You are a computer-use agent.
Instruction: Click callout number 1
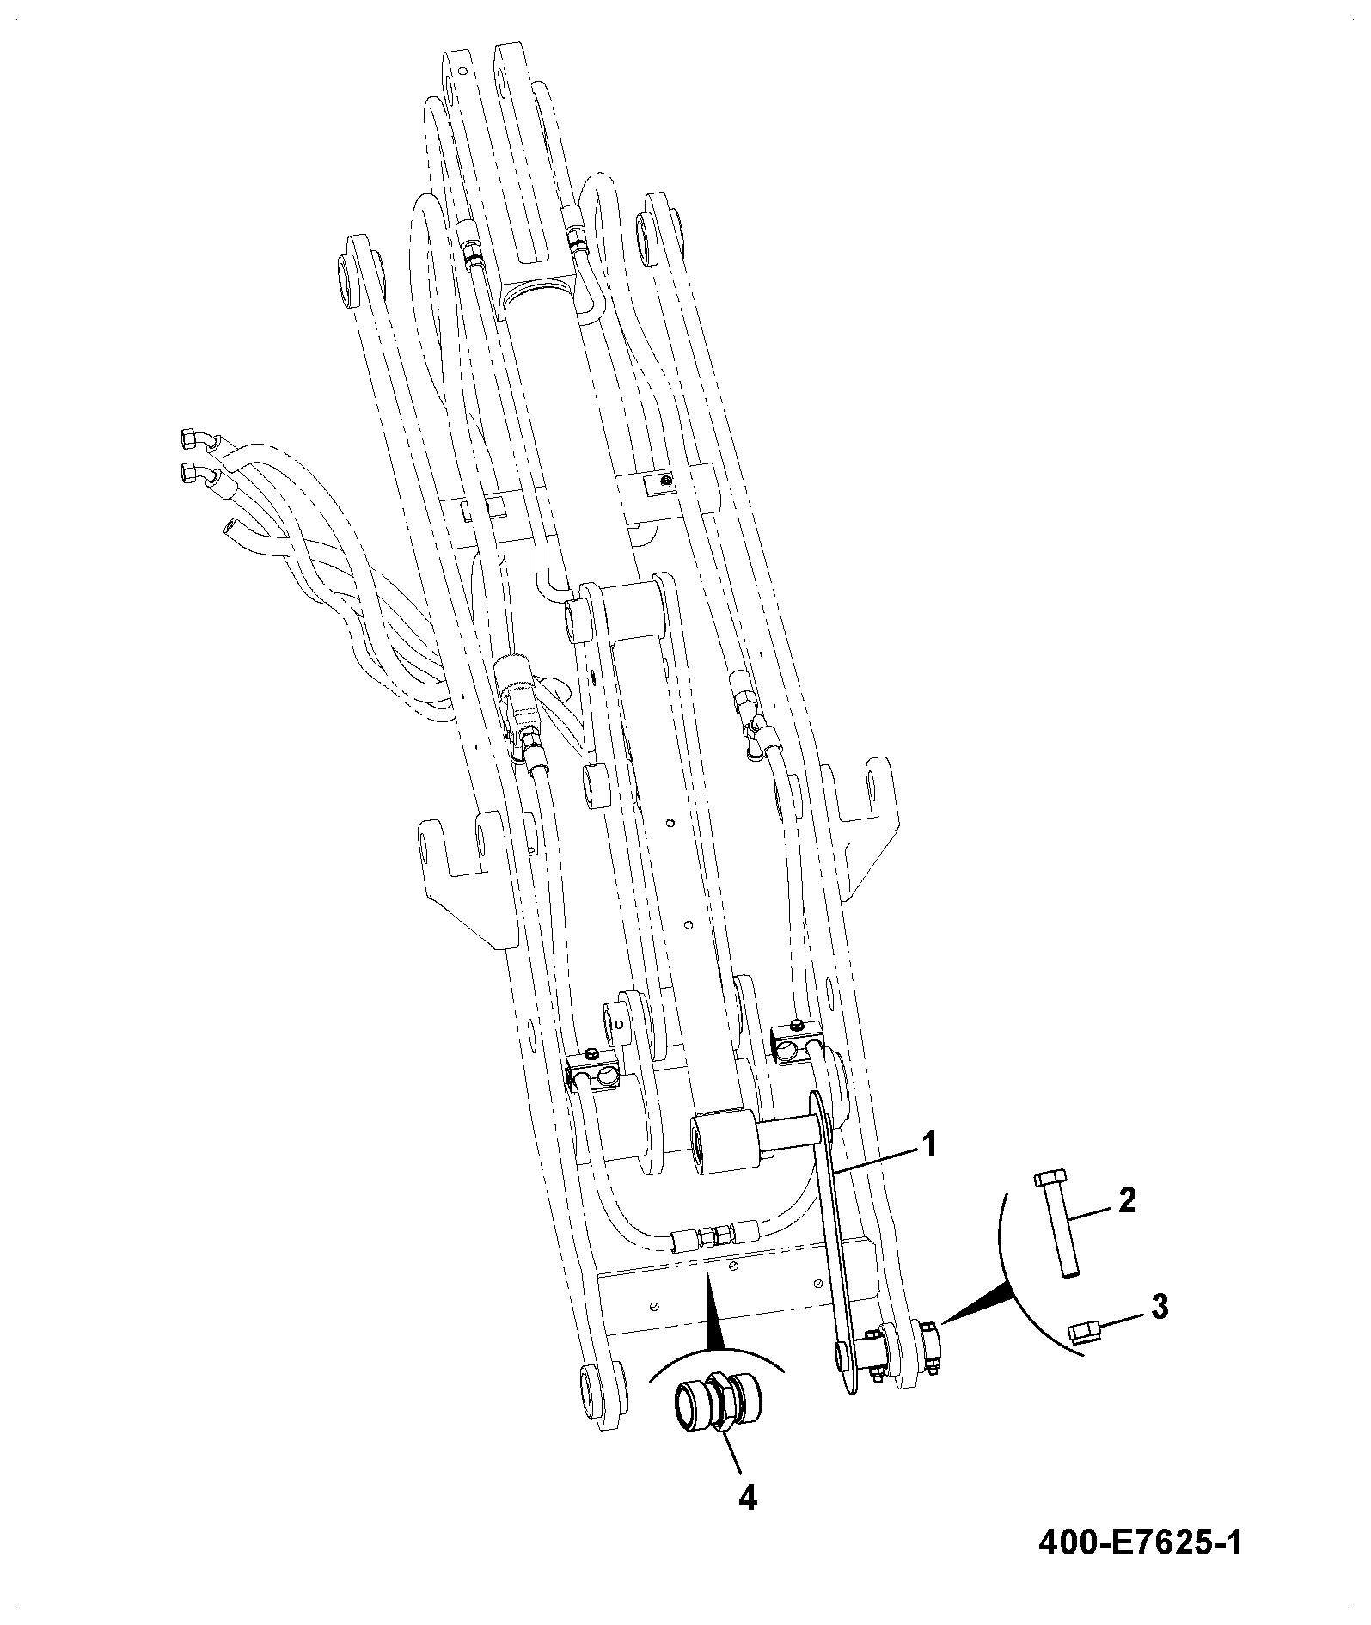tap(929, 1144)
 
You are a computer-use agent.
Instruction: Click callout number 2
tap(1126, 1200)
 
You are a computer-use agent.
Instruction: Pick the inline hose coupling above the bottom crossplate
tap(714, 1236)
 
